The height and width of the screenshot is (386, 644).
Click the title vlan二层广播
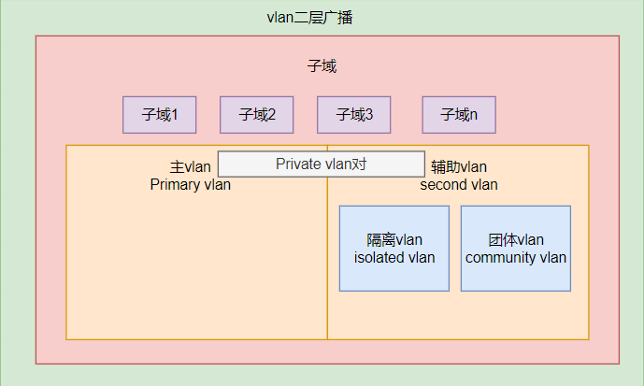(x=309, y=19)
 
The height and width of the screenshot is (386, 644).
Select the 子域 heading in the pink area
(x=322, y=66)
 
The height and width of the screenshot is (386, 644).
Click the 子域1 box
(x=160, y=115)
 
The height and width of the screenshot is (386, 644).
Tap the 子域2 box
(x=257, y=115)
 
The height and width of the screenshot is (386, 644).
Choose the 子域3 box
(x=354, y=115)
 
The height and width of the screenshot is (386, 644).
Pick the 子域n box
(x=459, y=115)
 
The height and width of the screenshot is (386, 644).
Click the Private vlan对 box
(x=322, y=164)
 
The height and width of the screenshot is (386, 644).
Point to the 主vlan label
(x=191, y=167)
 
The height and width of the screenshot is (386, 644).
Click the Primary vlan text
(x=190, y=185)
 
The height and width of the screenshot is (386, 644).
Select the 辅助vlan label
(x=458, y=167)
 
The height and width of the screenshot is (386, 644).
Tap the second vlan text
(x=458, y=185)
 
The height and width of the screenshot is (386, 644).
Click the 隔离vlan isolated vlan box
(x=394, y=249)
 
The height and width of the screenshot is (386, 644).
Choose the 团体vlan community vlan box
(x=516, y=249)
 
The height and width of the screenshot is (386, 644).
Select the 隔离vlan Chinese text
(x=394, y=240)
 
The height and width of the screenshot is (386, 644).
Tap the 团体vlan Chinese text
(x=516, y=240)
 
